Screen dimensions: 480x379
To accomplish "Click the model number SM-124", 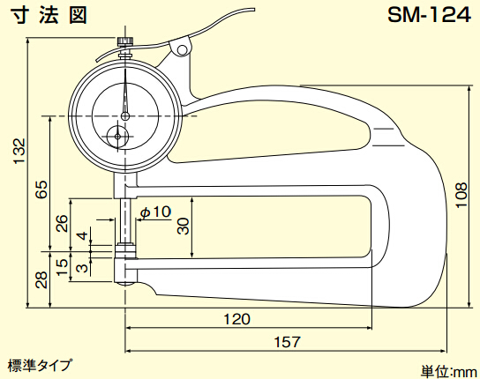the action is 429,15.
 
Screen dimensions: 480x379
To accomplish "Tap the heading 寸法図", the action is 49,15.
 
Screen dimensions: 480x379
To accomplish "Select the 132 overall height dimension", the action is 19,151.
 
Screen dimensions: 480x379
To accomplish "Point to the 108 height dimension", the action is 461,195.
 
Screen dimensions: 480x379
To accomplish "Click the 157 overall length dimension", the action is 287,342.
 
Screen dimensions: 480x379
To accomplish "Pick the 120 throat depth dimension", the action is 237,319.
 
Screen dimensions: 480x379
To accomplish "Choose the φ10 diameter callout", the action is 156,212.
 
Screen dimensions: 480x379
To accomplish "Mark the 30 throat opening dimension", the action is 184,226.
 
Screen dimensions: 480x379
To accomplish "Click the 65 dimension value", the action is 41,189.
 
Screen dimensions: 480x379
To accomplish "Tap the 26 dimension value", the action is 62,223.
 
